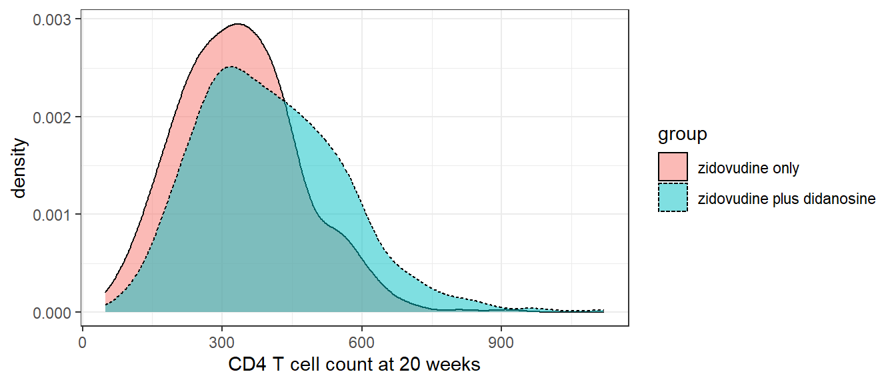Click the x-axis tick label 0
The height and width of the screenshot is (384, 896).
(82, 340)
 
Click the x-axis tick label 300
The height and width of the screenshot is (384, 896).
(221, 340)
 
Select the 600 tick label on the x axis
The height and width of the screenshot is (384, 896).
(361, 340)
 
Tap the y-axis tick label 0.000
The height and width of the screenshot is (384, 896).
(53, 312)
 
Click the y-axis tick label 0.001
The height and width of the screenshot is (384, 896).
(53, 215)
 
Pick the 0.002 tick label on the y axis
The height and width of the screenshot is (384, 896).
(53, 117)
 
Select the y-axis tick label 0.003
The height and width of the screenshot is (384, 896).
(53, 19)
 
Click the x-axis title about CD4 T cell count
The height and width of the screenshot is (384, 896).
(354, 365)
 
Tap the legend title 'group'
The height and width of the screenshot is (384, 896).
(682, 135)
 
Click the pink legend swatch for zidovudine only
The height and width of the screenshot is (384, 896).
(673, 167)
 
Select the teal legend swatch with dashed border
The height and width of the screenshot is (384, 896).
(673, 197)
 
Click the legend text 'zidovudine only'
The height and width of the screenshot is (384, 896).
(748, 168)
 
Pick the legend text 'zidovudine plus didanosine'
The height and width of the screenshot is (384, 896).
(786, 198)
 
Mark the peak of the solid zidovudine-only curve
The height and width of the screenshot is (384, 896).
(237, 24)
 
